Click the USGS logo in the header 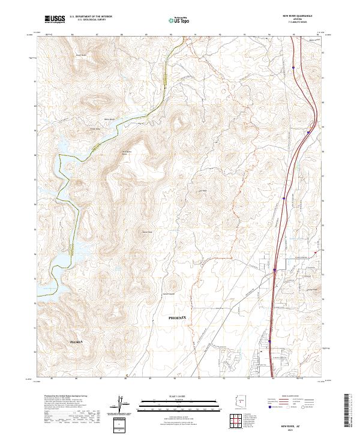55,19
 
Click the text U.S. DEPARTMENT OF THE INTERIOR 91,17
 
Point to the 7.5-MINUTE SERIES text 298,23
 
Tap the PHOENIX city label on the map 178,317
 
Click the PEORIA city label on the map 76,341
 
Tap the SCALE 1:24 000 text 179,396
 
